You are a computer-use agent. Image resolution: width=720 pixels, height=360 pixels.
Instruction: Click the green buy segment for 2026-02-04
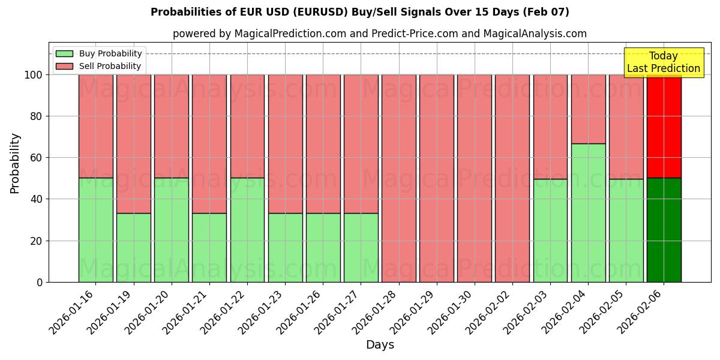588,212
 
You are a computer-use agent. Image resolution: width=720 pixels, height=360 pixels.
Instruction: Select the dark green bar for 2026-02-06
664,230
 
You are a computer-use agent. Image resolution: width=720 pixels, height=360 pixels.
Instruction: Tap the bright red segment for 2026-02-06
664,126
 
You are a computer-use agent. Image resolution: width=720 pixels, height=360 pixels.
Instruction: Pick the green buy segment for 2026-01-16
95,230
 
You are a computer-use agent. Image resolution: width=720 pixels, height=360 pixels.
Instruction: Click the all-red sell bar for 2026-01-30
474,178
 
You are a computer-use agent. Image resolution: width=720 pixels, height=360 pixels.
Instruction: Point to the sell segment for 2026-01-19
133,144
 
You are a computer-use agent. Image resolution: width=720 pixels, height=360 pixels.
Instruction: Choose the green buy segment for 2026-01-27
361,247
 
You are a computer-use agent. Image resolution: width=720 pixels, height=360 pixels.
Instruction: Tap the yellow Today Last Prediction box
663,62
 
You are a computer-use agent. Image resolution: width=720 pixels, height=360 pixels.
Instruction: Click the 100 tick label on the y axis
34,75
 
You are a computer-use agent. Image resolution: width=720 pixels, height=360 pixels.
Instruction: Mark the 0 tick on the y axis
40,282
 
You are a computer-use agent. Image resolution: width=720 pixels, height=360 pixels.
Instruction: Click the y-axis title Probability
15,163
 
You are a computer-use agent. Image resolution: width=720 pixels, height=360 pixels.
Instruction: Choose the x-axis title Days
380,345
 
